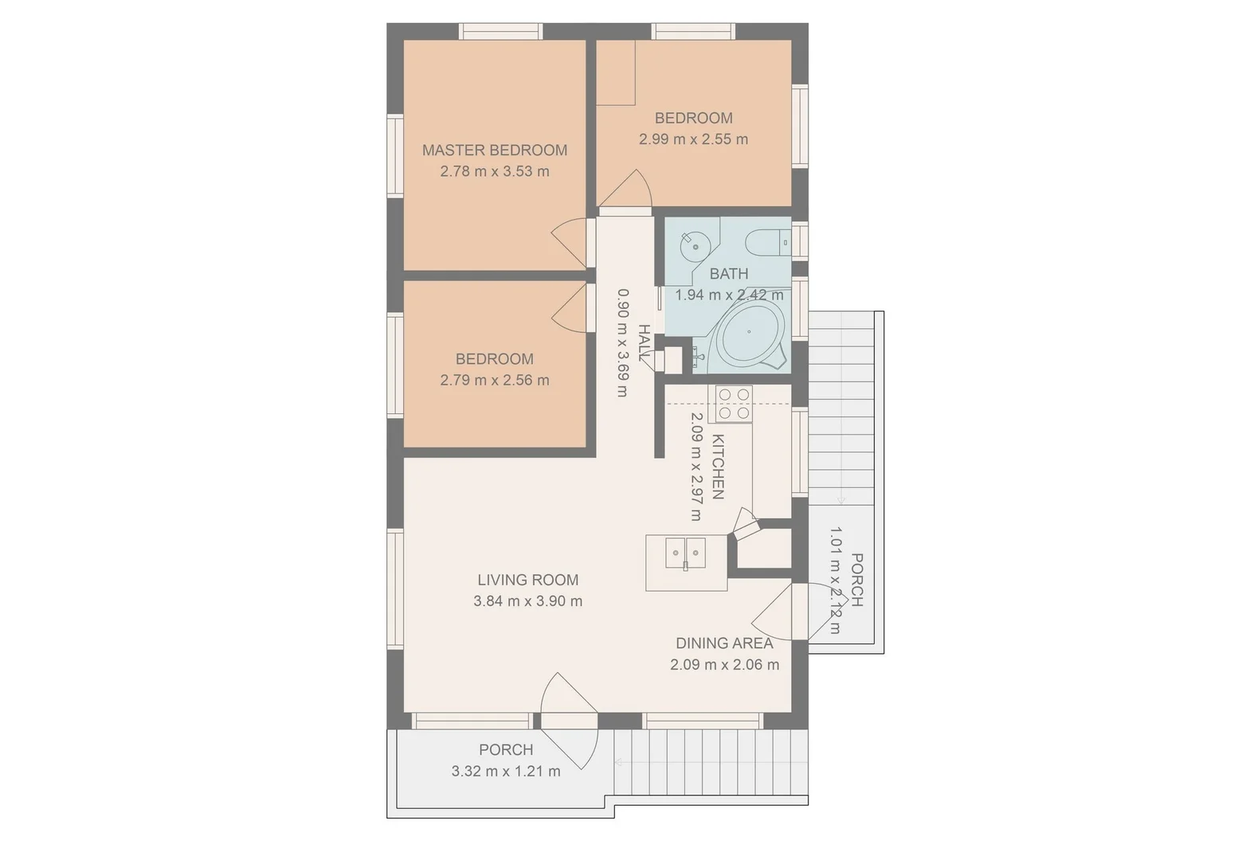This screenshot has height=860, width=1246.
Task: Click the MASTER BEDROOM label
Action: tap(494, 150)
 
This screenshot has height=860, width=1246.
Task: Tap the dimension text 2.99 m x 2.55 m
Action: tap(693, 139)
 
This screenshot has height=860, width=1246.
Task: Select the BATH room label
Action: tap(728, 273)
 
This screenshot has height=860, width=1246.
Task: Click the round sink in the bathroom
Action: tap(695, 246)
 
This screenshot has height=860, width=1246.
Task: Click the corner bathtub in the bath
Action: tap(750, 334)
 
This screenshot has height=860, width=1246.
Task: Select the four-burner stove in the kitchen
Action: tap(734, 404)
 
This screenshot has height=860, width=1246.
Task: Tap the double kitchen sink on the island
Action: tap(686, 552)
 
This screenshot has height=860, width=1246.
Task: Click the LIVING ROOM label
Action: tap(527, 580)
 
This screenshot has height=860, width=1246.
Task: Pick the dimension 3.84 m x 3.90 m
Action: tap(527, 601)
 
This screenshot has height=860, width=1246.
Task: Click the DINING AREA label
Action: tap(724, 643)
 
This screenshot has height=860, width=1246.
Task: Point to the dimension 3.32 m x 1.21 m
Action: tap(506, 771)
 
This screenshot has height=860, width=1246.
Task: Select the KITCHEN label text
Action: tap(717, 467)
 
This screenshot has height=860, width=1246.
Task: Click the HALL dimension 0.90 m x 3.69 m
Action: tap(623, 342)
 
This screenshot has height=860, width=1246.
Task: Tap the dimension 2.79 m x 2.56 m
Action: tap(494, 381)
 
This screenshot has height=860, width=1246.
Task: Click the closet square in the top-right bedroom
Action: tap(616, 72)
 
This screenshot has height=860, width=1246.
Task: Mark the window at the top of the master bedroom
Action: tap(500, 31)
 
